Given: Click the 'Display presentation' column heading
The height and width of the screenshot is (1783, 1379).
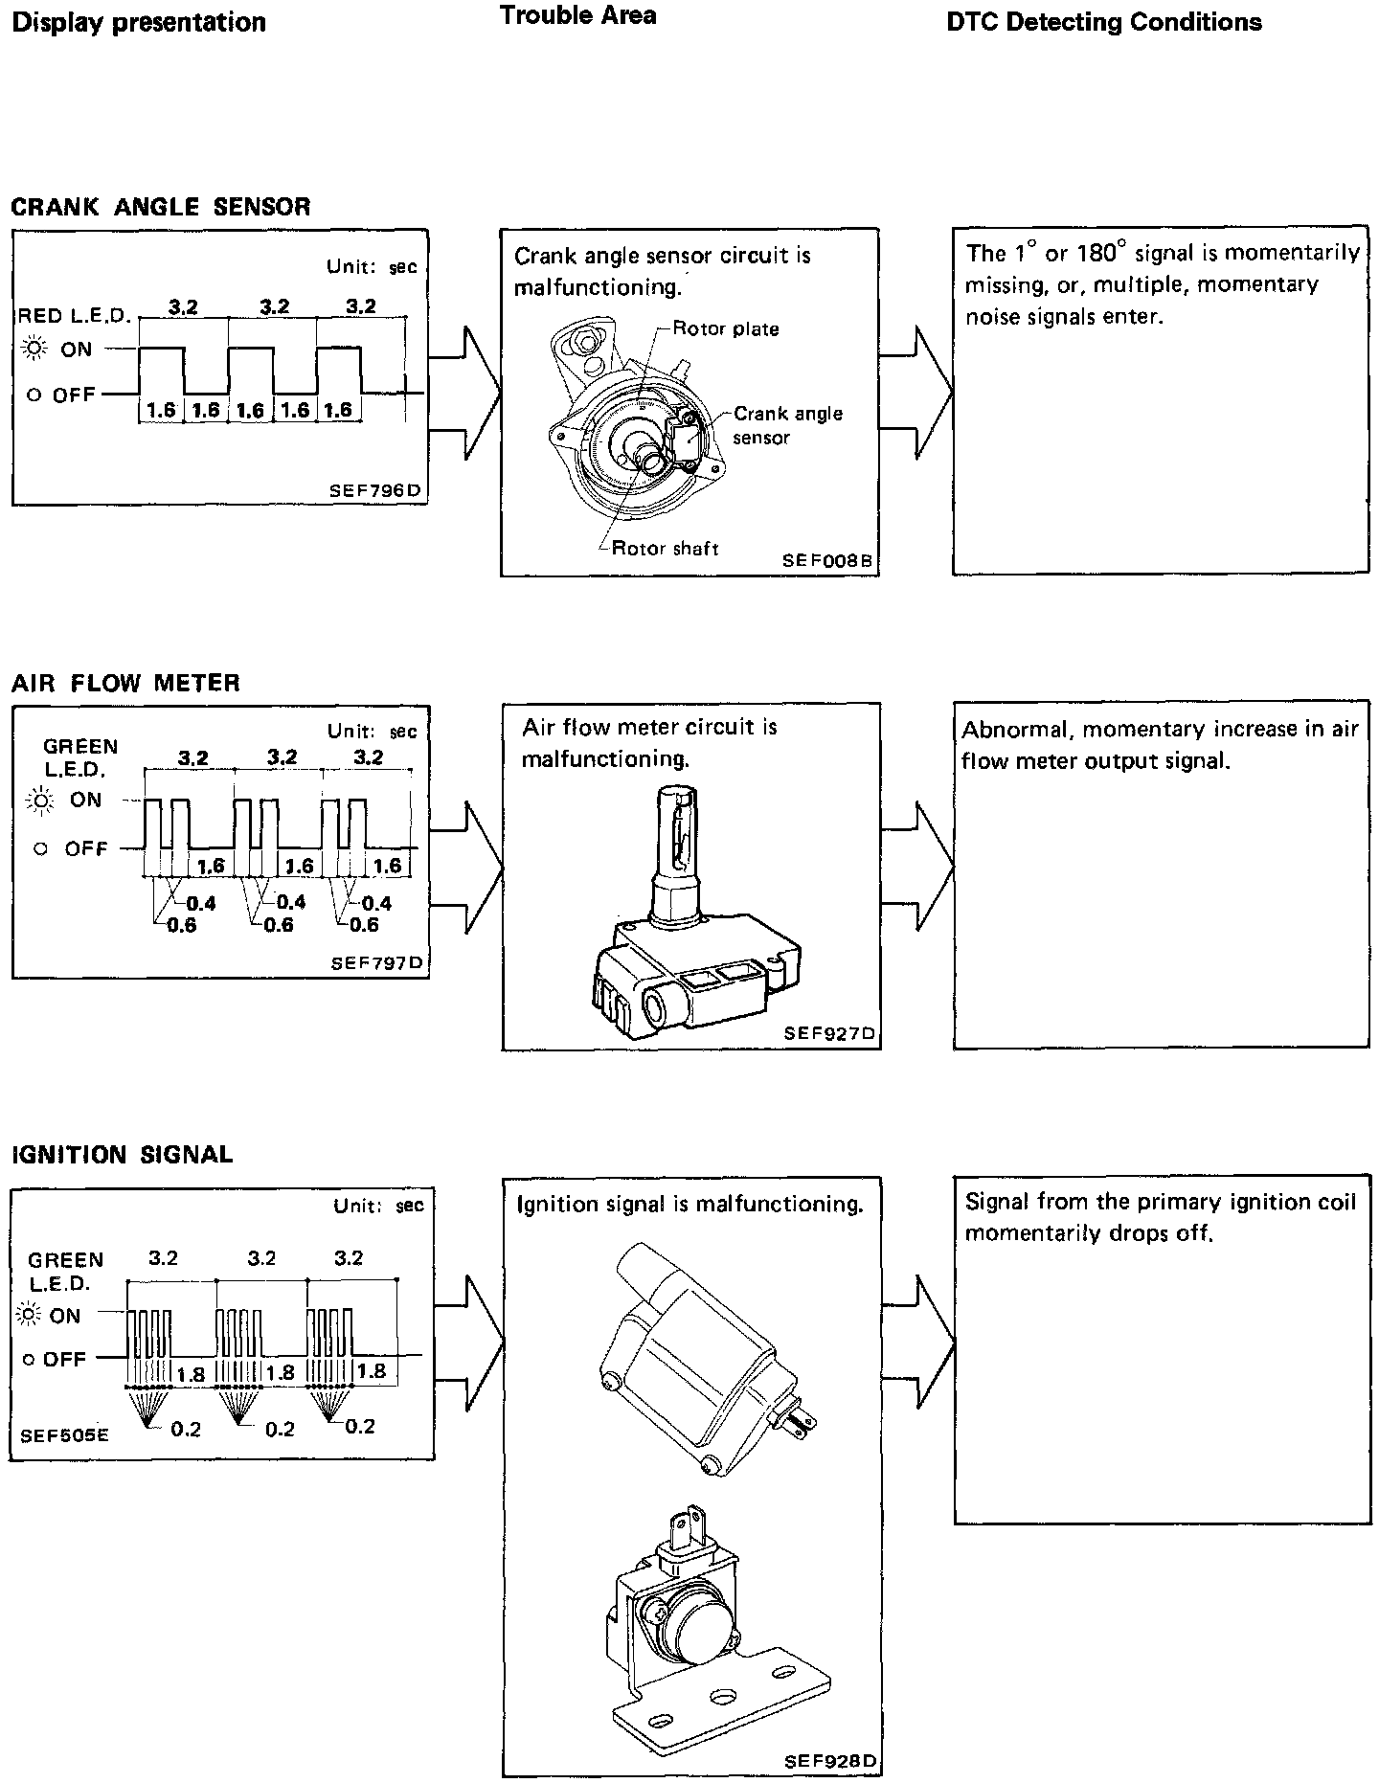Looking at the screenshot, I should click(x=139, y=23).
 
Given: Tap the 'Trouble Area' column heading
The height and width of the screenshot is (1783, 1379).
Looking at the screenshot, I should click(x=578, y=15).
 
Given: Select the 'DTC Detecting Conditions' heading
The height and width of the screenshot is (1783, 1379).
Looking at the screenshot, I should click(x=1103, y=23).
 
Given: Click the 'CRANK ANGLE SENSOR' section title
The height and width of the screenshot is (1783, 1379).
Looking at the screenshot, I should click(x=161, y=207).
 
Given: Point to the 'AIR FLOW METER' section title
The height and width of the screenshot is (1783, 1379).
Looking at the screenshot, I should click(x=125, y=683).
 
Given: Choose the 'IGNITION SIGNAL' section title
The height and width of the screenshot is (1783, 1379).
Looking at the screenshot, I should click(x=122, y=1154).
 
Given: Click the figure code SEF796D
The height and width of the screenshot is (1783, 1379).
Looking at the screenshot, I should click(x=374, y=491).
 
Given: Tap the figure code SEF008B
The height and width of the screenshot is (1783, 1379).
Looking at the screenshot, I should click(x=827, y=561).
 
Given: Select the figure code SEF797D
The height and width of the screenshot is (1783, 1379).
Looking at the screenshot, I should click(x=375, y=962).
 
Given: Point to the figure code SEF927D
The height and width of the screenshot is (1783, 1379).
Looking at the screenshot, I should click(x=829, y=1033).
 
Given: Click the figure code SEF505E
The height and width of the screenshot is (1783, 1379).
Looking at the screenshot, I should click(x=65, y=1435).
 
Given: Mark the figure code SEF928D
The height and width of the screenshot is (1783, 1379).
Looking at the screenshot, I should click(x=829, y=1761).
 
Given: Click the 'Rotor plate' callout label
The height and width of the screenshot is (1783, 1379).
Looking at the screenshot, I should click(x=726, y=329).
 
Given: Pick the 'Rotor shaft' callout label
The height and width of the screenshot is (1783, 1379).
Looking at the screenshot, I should click(x=665, y=549).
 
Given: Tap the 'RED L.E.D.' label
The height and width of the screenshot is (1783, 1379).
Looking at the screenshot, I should click(x=74, y=316).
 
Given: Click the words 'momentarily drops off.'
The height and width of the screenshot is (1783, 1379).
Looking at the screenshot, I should click(x=1089, y=1233).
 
